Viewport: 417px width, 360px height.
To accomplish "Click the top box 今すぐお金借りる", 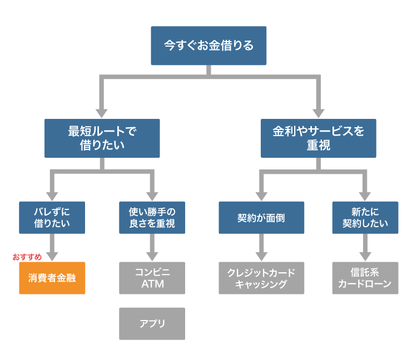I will pyautogui.click(x=209, y=46).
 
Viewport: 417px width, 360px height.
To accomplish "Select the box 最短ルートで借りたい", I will pyautogui.click(x=102, y=138).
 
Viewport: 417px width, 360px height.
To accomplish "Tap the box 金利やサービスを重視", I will pyautogui.click(x=319, y=138).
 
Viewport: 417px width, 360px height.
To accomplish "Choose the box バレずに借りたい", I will pyautogui.click(x=52, y=217).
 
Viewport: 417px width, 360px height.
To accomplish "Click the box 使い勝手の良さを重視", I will pyautogui.click(x=152, y=217).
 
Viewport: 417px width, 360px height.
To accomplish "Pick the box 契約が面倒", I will pyautogui.click(x=261, y=217).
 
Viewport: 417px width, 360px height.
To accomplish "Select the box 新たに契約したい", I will pyautogui.click(x=365, y=217).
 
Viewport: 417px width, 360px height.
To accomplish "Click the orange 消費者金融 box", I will pyautogui.click(x=52, y=278).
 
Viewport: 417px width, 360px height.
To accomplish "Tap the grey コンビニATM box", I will pyautogui.click(x=152, y=278).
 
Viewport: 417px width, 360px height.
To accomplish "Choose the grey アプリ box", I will pyautogui.click(x=152, y=323).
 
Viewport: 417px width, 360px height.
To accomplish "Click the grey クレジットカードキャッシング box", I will pyautogui.click(x=261, y=278).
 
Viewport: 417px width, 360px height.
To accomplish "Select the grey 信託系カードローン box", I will pyautogui.click(x=365, y=278).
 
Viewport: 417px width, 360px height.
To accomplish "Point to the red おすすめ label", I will pyautogui.click(x=27, y=257).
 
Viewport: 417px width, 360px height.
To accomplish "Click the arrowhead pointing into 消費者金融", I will pyautogui.click(x=52, y=256).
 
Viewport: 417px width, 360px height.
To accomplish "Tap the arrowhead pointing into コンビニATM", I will pyautogui.click(x=152, y=256).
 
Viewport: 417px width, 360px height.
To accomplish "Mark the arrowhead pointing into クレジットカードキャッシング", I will pyautogui.click(x=261, y=256).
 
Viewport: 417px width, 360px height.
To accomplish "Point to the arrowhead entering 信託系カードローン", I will pyautogui.click(x=365, y=256).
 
